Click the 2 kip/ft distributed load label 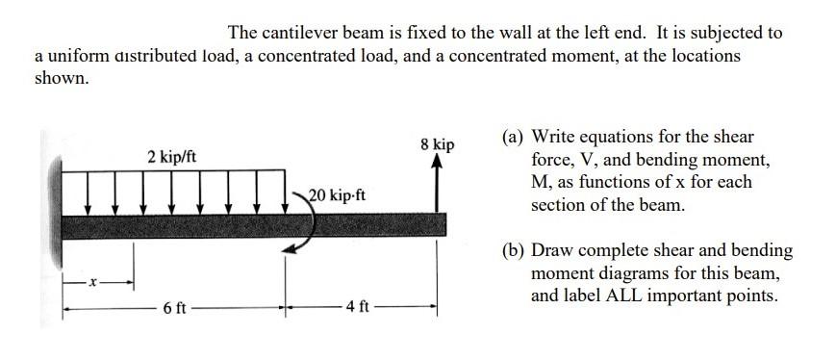click(172, 156)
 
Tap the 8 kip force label click(438, 144)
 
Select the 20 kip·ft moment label click(337, 195)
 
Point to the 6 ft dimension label click(175, 309)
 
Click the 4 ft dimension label click(358, 309)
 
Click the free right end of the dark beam click(443, 224)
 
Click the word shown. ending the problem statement click(62, 79)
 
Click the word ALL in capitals click(622, 296)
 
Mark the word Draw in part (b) click(553, 251)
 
